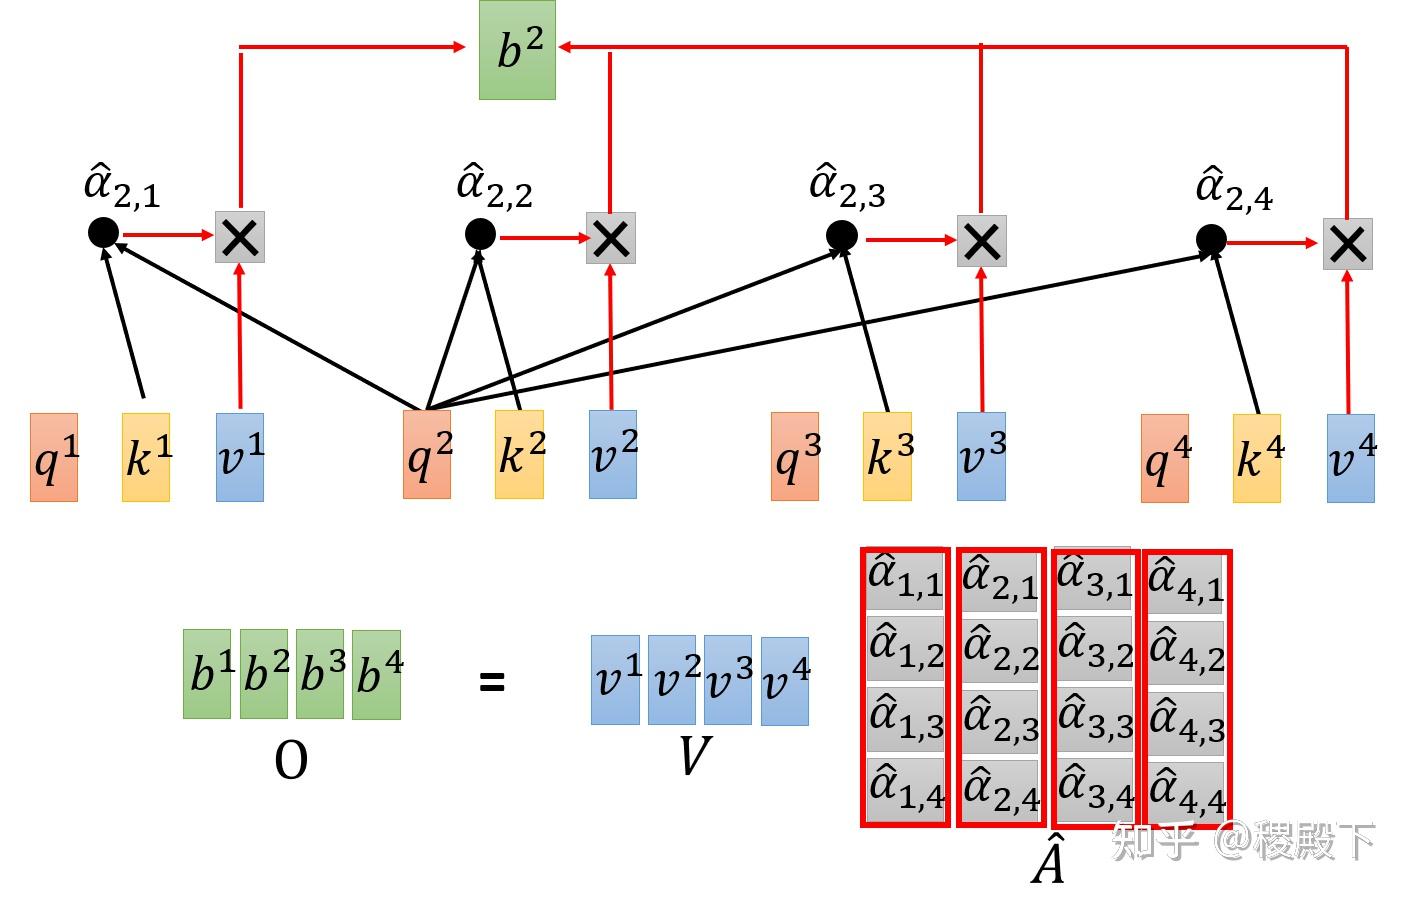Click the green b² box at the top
[517, 50]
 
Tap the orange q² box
[427, 454]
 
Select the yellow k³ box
[887, 456]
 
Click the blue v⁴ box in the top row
[1351, 458]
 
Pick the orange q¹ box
[54, 457]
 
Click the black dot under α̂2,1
[103, 233]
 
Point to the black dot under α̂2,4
[1211, 240]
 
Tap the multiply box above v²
[611, 238]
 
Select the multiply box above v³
[982, 241]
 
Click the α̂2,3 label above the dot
[847, 186]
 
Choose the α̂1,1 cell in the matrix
[905, 580]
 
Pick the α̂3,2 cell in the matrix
[1095, 650]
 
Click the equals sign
[492, 681]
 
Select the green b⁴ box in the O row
[377, 674]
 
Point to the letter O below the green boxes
[291, 760]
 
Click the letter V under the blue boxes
[696, 755]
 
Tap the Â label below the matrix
[1048, 858]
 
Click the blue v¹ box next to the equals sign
[616, 680]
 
